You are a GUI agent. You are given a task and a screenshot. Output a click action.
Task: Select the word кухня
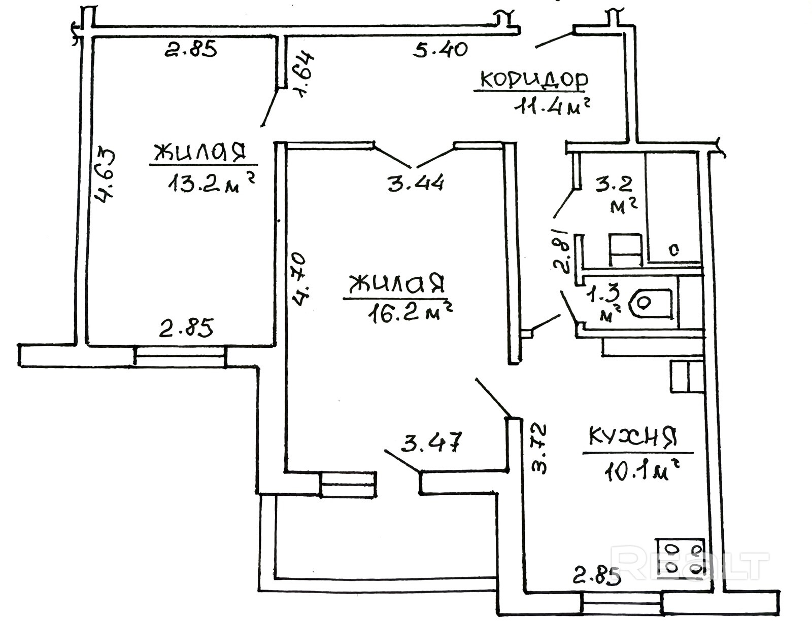[x=633, y=436]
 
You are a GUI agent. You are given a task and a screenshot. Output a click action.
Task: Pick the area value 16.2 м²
[x=410, y=312]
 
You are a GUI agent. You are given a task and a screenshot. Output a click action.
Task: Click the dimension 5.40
[x=440, y=49]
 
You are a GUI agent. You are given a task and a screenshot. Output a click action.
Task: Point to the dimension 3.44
[x=416, y=183]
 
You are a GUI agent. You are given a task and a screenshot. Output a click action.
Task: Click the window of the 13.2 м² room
[x=181, y=356]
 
